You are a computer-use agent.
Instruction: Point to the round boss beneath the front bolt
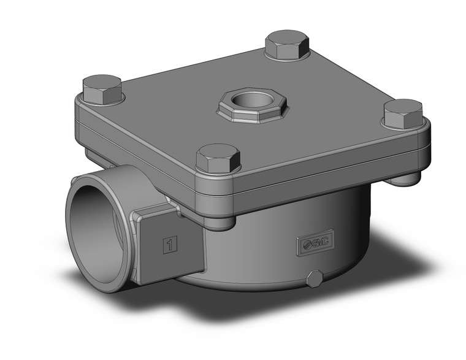tap(219, 221)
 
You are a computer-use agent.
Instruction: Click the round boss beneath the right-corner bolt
tap(405, 178)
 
